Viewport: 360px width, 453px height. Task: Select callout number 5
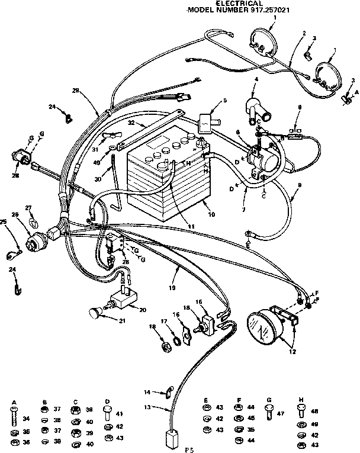pos(224,101)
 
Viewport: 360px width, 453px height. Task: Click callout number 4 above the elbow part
pos(256,79)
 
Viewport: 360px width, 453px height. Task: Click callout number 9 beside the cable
pos(300,185)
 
